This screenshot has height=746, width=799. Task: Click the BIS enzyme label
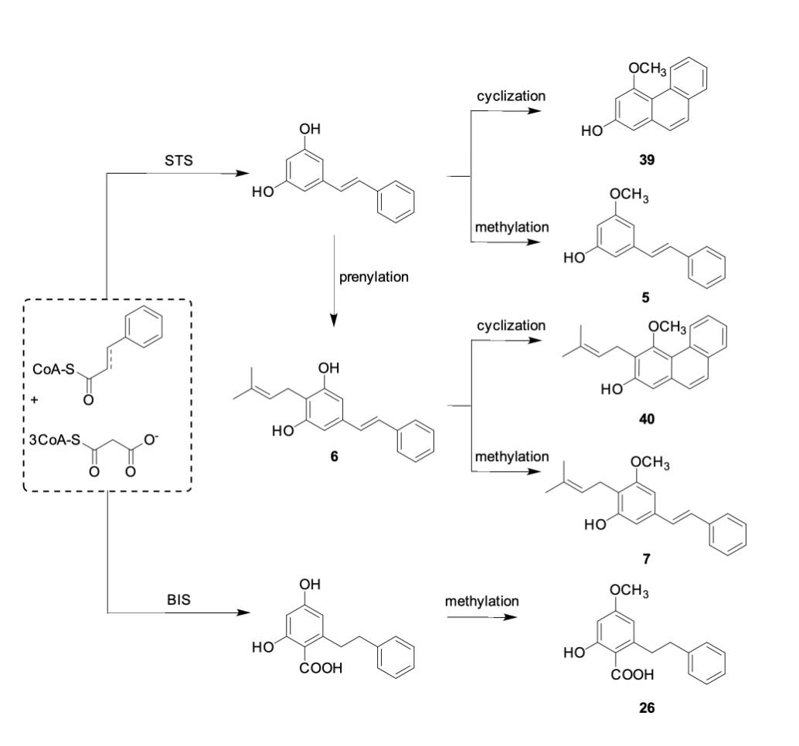(x=178, y=600)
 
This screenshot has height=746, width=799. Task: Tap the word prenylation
(x=373, y=276)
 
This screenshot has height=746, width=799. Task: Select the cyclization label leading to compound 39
(x=511, y=96)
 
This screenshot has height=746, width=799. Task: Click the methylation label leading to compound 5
(x=512, y=228)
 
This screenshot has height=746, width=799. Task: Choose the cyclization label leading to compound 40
(x=511, y=326)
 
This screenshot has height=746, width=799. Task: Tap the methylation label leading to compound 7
(x=512, y=457)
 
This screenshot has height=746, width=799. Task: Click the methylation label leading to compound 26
(x=481, y=600)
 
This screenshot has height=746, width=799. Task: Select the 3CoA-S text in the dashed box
(x=53, y=440)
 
